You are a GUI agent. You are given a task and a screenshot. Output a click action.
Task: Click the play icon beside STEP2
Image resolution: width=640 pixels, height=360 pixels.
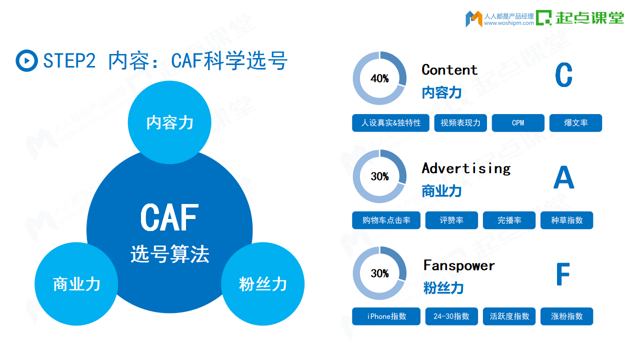tap(26, 60)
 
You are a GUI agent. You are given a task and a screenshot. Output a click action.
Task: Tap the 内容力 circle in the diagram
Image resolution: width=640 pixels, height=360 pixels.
tap(169, 122)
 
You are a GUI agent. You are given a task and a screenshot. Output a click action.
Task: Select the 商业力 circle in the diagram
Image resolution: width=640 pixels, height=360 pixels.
tap(76, 283)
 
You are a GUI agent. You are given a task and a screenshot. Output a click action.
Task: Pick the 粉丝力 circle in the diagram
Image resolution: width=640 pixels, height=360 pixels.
tap(263, 283)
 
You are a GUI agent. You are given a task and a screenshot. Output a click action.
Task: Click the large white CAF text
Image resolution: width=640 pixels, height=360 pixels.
tap(169, 217)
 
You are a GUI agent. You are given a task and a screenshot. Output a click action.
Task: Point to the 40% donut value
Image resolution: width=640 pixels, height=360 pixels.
tap(379, 78)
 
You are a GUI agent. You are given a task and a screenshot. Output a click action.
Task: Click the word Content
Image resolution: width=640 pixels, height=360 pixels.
tap(449, 70)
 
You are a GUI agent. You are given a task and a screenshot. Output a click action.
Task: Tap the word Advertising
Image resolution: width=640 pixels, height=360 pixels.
tap(466, 168)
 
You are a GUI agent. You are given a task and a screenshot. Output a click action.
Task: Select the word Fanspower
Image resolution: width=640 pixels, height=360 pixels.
tap(459, 265)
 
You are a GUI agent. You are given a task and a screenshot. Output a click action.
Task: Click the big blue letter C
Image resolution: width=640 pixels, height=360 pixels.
tap(563, 75)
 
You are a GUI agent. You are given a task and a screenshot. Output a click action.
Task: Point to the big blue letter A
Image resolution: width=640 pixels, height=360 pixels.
tap(563, 177)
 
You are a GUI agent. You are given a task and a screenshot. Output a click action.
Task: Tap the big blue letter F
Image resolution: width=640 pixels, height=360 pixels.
tap(563, 274)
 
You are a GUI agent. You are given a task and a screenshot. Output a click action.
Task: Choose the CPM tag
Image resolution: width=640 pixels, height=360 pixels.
tap(518, 123)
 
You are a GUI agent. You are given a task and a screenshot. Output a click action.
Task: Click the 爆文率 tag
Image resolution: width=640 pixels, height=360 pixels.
tap(575, 123)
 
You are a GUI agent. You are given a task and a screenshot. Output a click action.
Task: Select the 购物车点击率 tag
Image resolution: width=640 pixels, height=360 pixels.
tap(386, 220)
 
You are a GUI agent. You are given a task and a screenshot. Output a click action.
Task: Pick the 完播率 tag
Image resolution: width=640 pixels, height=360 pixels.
tap(509, 220)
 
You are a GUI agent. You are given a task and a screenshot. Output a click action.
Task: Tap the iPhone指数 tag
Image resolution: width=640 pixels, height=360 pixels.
tap(386, 316)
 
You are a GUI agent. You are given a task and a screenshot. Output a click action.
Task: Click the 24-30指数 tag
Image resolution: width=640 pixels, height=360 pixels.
tap(451, 316)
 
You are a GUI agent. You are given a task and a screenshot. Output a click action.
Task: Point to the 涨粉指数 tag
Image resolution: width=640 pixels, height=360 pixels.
tap(567, 316)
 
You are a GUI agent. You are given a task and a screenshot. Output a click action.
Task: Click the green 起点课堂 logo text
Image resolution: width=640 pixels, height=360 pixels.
tap(589, 17)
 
